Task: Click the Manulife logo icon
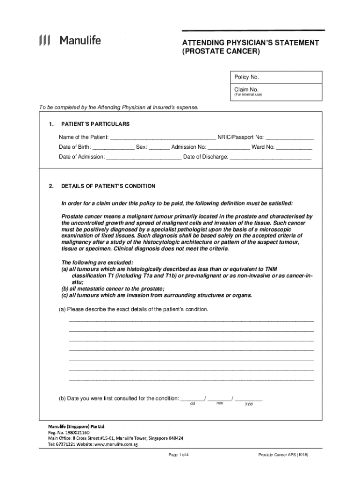(45, 41)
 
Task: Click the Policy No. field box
(275, 77)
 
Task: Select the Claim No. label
(246, 89)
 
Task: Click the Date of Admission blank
(144, 158)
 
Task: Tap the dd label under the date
(192, 404)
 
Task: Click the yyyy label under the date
(249, 404)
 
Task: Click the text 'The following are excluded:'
(97, 262)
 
